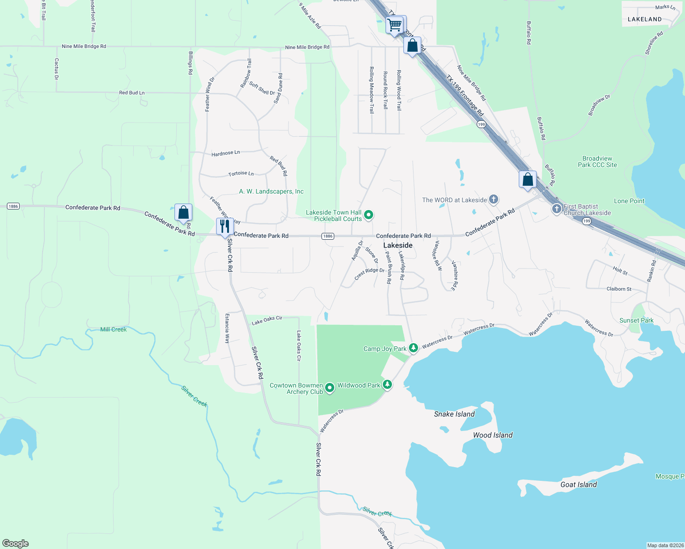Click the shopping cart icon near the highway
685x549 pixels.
click(x=394, y=25)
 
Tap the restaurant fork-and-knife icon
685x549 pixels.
click(x=224, y=226)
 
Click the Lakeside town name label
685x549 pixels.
click(x=397, y=245)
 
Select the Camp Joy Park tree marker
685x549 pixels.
click(x=413, y=348)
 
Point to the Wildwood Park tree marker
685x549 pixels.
click(x=387, y=385)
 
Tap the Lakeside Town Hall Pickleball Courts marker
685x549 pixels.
click(x=369, y=215)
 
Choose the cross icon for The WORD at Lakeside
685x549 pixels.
click(x=493, y=199)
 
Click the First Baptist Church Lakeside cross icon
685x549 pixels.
click(x=556, y=209)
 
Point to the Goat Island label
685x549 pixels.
click(x=578, y=484)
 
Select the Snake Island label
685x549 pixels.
click(x=454, y=414)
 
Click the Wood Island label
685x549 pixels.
click(x=493, y=435)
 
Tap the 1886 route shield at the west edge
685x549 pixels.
click(x=13, y=206)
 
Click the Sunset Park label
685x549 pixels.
click(x=636, y=320)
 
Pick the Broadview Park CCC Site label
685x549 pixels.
click(x=597, y=161)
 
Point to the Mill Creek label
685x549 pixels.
click(x=114, y=329)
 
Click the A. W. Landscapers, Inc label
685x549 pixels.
click(x=271, y=191)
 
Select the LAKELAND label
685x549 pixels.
click(x=644, y=19)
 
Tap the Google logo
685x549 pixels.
click(x=16, y=544)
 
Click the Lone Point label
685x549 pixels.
click(x=629, y=201)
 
